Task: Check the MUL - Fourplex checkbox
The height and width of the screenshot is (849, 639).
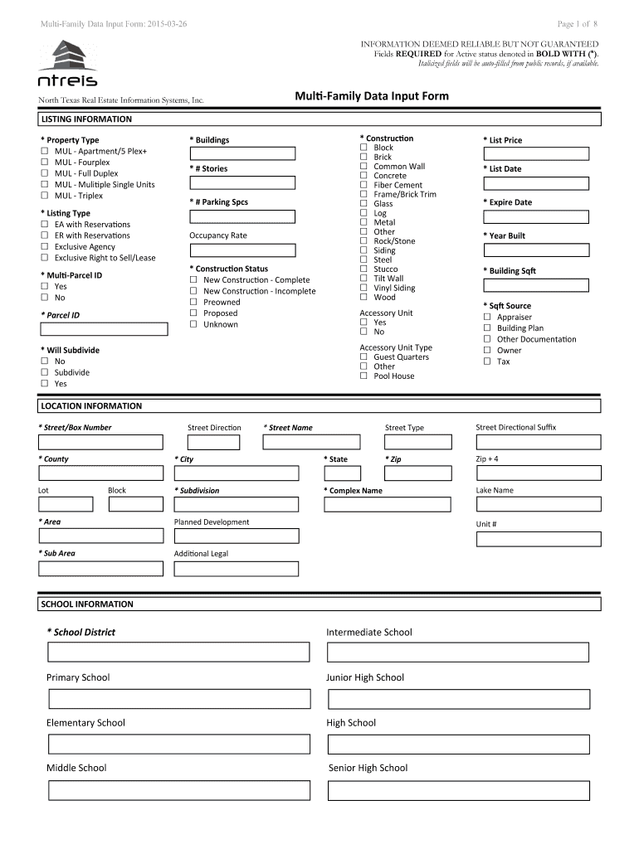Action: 45,163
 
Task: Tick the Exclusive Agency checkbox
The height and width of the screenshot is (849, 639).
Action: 45,247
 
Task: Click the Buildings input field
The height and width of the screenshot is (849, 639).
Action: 242,153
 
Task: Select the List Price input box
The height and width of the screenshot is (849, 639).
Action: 536,153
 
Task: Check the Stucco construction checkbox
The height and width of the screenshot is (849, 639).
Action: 363,269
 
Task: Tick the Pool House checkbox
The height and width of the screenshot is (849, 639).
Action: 363,376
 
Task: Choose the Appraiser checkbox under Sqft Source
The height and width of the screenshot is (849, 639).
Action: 487,318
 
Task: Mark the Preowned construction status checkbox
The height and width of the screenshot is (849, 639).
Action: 193,303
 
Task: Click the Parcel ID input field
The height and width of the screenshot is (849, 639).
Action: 100,328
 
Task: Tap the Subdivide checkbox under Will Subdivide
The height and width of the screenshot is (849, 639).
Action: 45,373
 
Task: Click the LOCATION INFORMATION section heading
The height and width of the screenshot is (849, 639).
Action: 91,406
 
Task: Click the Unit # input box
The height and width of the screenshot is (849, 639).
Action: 538,539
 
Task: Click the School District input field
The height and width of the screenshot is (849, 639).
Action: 178,653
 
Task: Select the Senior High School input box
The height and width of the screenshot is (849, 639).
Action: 458,789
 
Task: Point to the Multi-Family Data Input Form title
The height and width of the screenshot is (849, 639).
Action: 372,96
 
